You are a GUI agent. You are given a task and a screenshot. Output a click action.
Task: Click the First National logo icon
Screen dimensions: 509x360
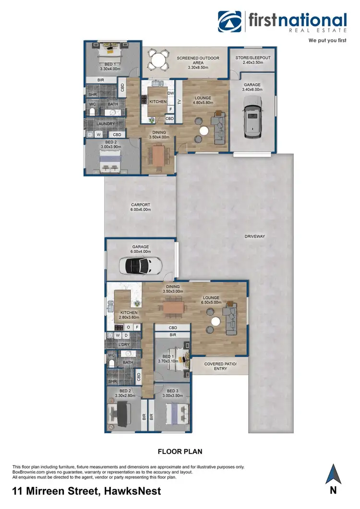230,22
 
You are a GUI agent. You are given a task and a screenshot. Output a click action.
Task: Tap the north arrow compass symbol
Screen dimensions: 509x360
333,475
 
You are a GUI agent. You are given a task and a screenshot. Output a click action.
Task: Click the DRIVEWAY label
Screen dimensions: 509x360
254,237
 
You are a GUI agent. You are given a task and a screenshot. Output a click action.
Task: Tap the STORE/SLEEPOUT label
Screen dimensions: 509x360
253,60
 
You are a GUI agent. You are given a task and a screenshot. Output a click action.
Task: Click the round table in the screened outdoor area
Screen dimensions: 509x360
158,60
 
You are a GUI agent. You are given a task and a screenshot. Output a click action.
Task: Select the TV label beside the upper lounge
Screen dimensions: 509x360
180,102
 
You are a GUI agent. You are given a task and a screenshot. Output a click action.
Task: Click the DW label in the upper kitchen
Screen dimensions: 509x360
171,93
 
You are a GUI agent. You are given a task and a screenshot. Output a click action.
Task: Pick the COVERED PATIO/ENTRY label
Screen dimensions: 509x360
220,366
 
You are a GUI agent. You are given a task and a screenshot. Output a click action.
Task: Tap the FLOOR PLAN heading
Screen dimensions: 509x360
180,451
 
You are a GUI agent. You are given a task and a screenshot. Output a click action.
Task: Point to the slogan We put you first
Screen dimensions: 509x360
327,41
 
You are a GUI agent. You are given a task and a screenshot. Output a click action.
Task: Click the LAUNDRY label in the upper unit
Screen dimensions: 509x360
106,124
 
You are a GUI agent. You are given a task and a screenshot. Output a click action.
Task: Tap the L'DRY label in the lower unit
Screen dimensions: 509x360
118,345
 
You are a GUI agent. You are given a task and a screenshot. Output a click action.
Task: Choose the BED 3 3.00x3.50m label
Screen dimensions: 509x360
172,393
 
